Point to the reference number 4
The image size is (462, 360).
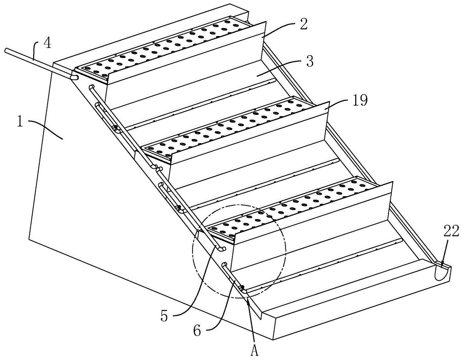[47, 44]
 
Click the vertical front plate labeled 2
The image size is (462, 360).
[185, 55]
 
